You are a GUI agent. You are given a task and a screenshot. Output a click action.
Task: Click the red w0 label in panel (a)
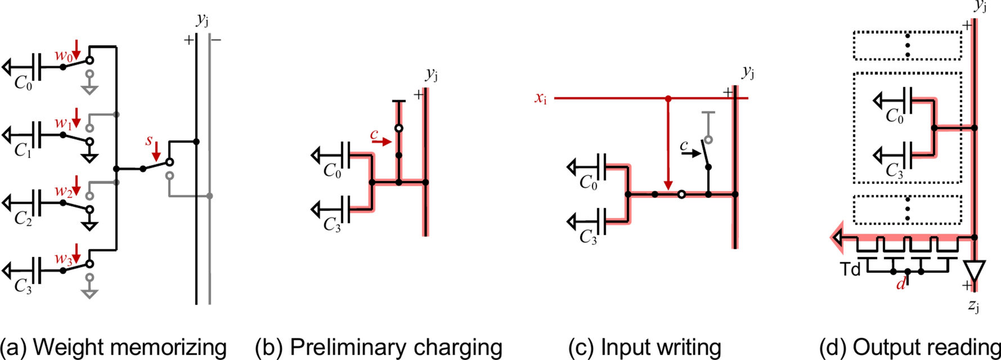click(63, 56)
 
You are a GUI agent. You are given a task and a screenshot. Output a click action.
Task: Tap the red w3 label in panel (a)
click(63, 259)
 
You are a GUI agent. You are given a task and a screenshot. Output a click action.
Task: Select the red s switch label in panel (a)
click(149, 140)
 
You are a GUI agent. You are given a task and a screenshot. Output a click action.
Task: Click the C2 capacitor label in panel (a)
click(23, 218)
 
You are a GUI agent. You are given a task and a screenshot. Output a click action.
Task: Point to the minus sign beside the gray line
click(217, 40)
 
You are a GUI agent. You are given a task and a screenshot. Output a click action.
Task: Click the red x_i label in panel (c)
click(541, 98)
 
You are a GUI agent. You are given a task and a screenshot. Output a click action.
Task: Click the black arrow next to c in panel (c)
click(693, 152)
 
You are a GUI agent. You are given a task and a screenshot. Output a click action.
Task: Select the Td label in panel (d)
click(850, 269)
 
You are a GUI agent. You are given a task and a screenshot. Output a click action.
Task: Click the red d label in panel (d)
click(901, 284)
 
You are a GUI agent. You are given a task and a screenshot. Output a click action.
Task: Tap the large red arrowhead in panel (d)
click(837, 238)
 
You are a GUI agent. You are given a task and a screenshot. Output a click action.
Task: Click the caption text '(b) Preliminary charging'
click(378, 347)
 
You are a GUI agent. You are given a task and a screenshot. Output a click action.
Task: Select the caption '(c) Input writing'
click(644, 347)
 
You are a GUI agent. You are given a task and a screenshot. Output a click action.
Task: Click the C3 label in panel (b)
click(332, 224)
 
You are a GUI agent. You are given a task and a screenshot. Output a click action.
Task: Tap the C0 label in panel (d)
click(895, 116)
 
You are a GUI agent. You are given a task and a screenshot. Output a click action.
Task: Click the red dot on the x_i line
click(668, 98)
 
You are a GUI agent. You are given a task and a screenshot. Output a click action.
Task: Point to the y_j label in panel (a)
click(202, 20)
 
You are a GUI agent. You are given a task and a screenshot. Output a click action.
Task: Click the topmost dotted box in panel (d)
click(907, 46)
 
